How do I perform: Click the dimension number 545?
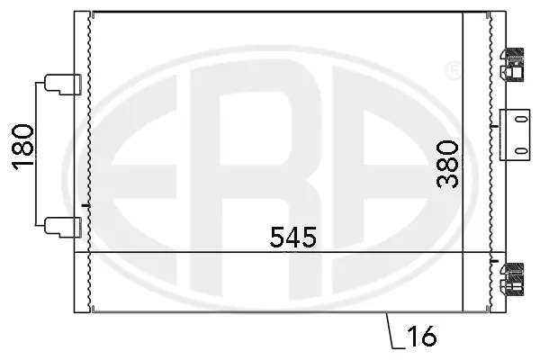pyautogui.click(x=293, y=237)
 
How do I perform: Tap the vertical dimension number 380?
pyautogui.click(x=447, y=164)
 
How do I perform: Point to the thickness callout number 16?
pyautogui.click(x=422, y=336)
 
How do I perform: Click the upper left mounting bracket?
pyautogui.click(x=63, y=84)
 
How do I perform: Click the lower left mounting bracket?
pyautogui.click(x=63, y=228)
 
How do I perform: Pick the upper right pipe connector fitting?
pyautogui.click(x=512, y=65)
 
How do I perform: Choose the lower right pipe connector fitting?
pyautogui.click(x=512, y=280)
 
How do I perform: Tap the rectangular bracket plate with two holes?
pyautogui.click(x=515, y=135)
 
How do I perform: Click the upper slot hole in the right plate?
pyautogui.click(x=522, y=120)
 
